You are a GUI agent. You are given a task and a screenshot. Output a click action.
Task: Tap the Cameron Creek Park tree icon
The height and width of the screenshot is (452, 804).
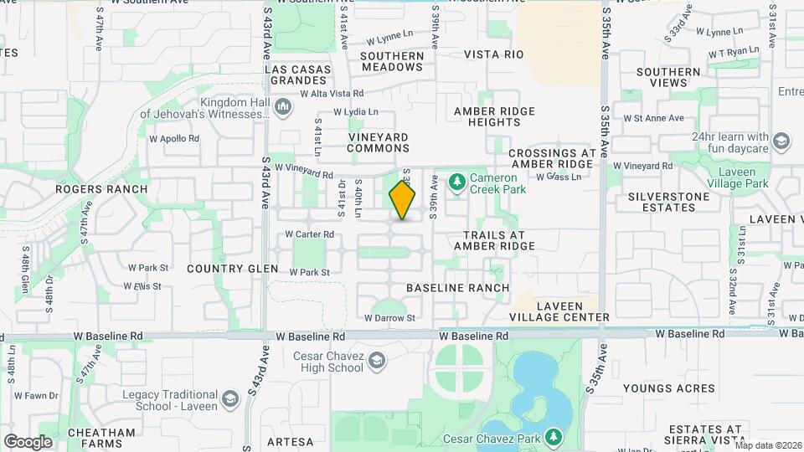(456, 180)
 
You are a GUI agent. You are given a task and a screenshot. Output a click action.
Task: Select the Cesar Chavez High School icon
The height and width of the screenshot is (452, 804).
(376, 360)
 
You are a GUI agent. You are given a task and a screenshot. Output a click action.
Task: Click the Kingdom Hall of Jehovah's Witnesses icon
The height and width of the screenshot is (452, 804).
(282, 106)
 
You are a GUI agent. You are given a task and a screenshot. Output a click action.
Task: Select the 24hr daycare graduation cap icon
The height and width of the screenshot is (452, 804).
(781, 141)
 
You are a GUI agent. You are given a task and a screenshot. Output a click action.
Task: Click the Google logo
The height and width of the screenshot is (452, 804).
(28, 441)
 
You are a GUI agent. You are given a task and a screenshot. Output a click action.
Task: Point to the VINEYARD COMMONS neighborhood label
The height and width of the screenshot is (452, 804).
(378, 142)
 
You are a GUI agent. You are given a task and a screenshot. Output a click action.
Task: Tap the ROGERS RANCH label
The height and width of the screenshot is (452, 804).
(101, 189)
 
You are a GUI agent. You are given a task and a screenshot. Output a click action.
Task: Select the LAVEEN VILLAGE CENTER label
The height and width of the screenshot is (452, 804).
(559, 311)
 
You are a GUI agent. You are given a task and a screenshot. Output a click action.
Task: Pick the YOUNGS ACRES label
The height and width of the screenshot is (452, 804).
(680, 388)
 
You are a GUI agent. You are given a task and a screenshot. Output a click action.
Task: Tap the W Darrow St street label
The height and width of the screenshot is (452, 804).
(389, 318)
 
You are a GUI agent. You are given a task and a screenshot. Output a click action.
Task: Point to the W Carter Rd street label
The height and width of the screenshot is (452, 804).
(309, 234)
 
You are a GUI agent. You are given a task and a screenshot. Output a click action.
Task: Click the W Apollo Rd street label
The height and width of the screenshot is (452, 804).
(174, 138)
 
